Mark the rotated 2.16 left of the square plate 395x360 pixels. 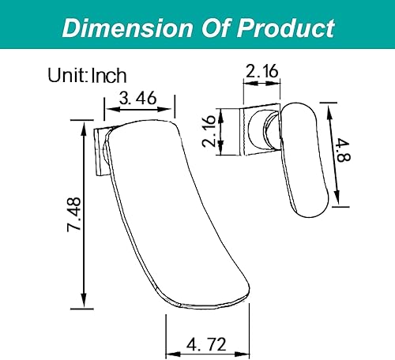(209, 131)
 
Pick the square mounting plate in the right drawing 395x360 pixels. (254, 131)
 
